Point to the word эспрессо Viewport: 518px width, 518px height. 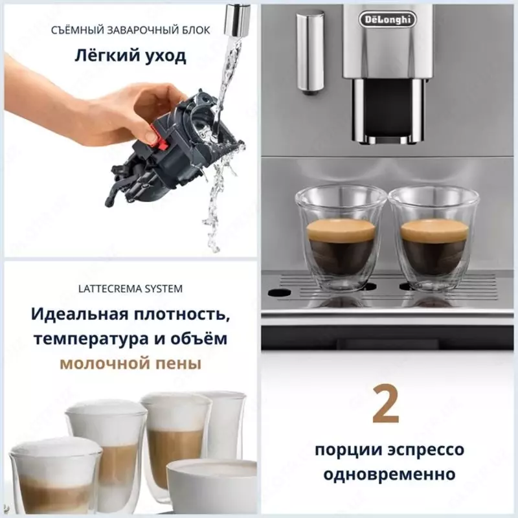point(428,449)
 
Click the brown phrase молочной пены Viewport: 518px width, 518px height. point(130,364)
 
